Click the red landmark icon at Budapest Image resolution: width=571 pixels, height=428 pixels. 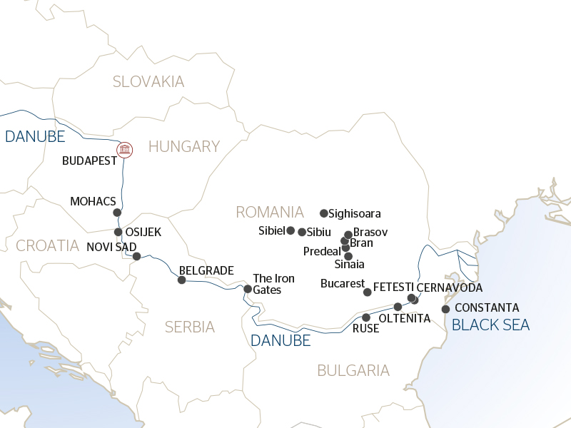pyautogui.click(x=125, y=148)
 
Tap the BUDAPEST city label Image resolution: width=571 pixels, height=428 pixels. pyautogui.click(x=89, y=161)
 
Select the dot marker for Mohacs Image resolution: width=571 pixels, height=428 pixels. pyautogui.click(x=117, y=213)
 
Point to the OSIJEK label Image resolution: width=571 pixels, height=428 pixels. pyautogui.click(x=143, y=233)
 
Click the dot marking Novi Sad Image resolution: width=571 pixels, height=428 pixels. pyautogui.click(x=137, y=256)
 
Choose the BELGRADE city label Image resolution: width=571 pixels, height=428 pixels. pyautogui.click(x=206, y=271)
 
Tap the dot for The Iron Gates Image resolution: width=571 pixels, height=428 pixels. pyautogui.click(x=248, y=289)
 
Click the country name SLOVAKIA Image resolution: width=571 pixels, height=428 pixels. pyautogui.click(x=148, y=82)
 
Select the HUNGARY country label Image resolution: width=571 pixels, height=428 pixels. pyautogui.click(x=183, y=147)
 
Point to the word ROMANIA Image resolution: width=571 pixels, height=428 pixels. pyautogui.click(x=270, y=212)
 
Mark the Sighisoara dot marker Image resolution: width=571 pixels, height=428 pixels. pyautogui.click(x=323, y=213)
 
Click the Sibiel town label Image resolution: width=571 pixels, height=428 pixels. pyautogui.click(x=271, y=230)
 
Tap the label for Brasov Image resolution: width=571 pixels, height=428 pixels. pyautogui.click(x=370, y=233)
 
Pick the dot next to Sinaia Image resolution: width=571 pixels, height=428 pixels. pyautogui.click(x=348, y=256)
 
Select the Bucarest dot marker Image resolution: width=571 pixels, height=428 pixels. pyautogui.click(x=368, y=292)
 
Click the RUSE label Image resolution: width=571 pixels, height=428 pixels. pyautogui.click(x=366, y=329)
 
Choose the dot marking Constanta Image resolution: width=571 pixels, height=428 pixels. pyautogui.click(x=445, y=309)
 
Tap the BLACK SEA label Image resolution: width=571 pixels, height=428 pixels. pyautogui.click(x=491, y=325)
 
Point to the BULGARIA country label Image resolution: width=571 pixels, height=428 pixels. pyautogui.click(x=353, y=370)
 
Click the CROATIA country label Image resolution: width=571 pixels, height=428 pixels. pyautogui.click(x=47, y=246)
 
